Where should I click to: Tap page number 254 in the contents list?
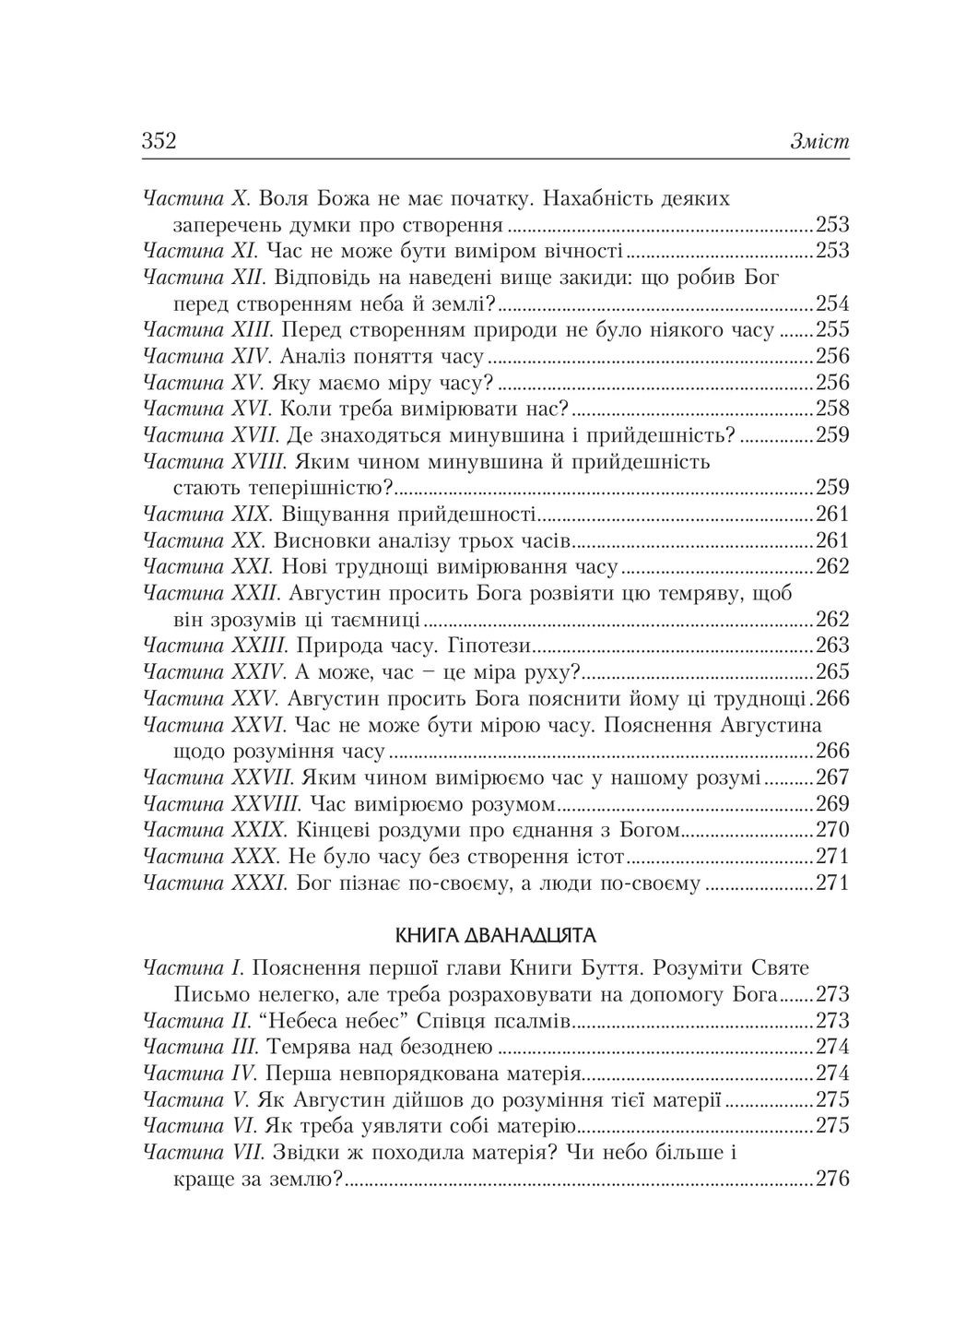point(831,304)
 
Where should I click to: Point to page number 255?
point(831,330)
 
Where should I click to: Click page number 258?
point(831,409)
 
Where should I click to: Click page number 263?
point(831,646)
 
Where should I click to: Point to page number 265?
point(831,671)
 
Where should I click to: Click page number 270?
point(831,829)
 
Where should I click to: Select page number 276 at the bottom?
point(831,1179)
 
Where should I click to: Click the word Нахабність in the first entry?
point(602,199)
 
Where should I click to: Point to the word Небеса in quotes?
point(311,1022)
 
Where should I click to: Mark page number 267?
point(831,777)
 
